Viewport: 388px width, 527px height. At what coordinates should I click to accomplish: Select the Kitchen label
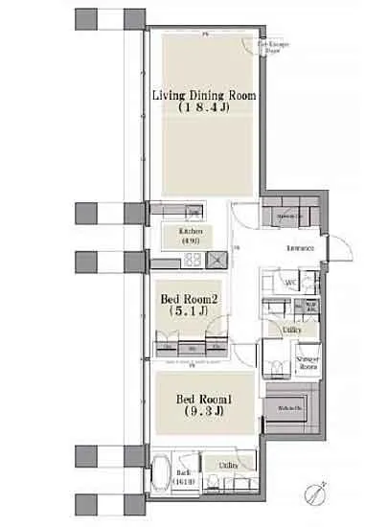click(189, 232)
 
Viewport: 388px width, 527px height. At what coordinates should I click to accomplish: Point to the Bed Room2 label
click(189, 300)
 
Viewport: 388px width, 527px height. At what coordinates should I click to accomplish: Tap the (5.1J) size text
click(189, 312)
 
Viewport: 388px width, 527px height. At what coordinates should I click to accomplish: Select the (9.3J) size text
click(202, 416)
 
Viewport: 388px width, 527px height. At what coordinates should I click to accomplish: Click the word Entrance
click(300, 248)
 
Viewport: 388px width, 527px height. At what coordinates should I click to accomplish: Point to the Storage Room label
click(308, 360)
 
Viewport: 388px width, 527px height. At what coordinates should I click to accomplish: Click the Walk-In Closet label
click(289, 409)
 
